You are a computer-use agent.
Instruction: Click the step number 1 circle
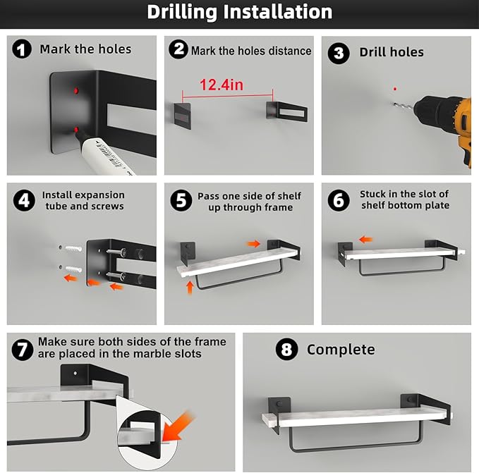tap(22, 49)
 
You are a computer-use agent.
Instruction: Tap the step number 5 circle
tap(181, 200)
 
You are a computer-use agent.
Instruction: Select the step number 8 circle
tap(286, 349)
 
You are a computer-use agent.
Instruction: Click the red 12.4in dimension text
tap(222, 85)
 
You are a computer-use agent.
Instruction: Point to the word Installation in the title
tap(278, 12)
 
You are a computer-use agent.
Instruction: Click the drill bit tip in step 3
tap(392, 104)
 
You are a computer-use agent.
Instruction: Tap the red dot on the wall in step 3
tap(395, 89)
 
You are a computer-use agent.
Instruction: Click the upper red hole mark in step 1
tap(76, 91)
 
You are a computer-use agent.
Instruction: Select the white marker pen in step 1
tap(104, 152)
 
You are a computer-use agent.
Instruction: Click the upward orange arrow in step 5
tap(190, 288)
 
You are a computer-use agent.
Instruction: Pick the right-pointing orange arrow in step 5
tap(254, 243)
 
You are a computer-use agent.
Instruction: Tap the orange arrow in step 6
tap(365, 239)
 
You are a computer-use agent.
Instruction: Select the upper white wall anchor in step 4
tap(73, 248)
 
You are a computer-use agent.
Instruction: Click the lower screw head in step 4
tap(123, 276)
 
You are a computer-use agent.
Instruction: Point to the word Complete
tap(341, 350)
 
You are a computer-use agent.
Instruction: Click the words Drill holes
tap(392, 52)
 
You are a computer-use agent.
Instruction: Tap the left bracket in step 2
tap(183, 116)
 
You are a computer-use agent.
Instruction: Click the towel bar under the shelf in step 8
tap(356, 448)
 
